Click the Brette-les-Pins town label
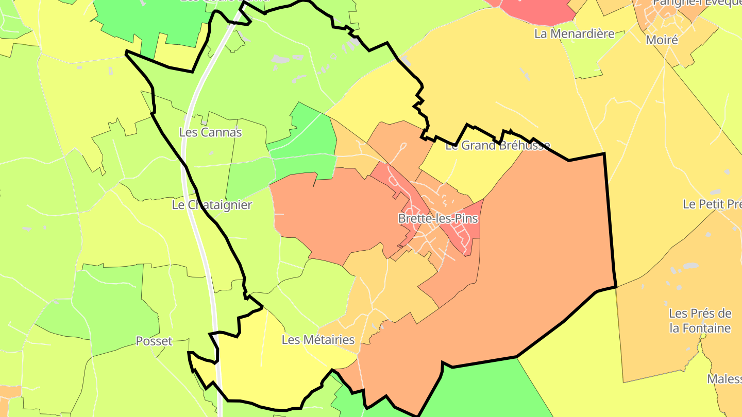click(x=438, y=218)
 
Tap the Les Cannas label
click(x=210, y=132)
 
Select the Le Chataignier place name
click(x=212, y=205)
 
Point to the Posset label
click(x=154, y=341)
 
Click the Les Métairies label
click(x=318, y=340)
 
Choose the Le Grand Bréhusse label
click(x=497, y=146)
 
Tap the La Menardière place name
click(x=575, y=34)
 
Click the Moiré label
click(x=662, y=40)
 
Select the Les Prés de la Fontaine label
click(x=700, y=321)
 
